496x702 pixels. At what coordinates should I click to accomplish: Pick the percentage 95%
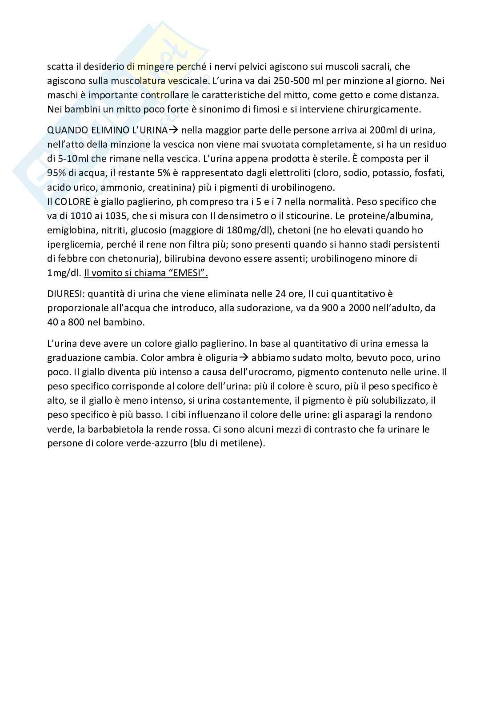56,173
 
